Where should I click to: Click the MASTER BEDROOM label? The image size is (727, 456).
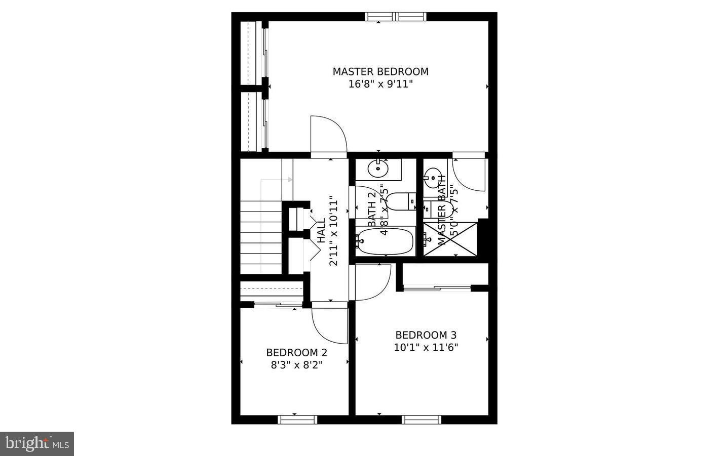380,72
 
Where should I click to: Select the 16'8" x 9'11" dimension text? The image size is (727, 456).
380,85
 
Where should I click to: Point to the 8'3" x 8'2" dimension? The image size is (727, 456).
296,364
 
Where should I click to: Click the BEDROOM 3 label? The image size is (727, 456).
426,335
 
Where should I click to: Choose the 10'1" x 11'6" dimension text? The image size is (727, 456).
426,348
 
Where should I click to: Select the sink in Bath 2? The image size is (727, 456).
377,169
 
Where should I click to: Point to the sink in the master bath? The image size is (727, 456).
432,177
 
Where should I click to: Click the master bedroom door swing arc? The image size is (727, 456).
328,134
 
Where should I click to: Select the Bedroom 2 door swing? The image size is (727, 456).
330,324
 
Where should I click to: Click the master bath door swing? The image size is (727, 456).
469,175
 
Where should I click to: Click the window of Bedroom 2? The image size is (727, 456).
297,419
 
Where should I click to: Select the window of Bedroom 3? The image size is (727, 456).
422,419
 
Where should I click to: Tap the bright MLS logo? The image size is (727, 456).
37,444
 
